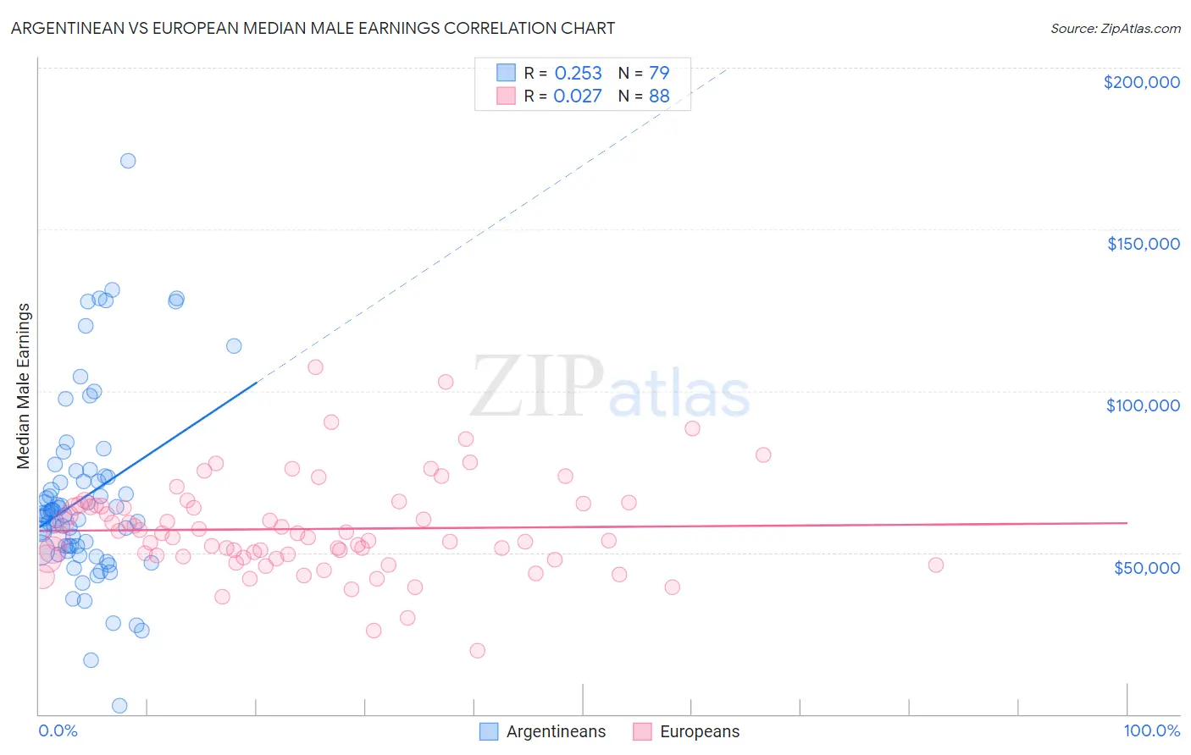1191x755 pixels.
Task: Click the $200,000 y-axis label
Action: pyautogui.click(x=1141, y=82)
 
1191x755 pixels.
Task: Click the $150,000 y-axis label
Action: pyautogui.click(x=1143, y=244)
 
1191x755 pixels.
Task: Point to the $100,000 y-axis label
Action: pyautogui.click(x=1143, y=405)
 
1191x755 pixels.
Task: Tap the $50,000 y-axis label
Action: pyautogui.click(x=1146, y=567)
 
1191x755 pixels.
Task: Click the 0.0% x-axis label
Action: pyautogui.click(x=58, y=730)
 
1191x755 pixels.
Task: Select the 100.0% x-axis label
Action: pyautogui.click(x=1151, y=730)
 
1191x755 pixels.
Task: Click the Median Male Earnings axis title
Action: pyautogui.click(x=24, y=386)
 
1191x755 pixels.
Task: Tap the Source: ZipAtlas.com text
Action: pyautogui.click(x=1115, y=28)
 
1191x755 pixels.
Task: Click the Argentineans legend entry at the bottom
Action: pyautogui.click(x=556, y=731)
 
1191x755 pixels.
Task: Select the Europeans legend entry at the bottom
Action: pyautogui.click(x=699, y=731)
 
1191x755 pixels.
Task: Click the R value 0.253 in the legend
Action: pyautogui.click(x=578, y=74)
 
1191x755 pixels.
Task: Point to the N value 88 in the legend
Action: pyautogui.click(x=659, y=96)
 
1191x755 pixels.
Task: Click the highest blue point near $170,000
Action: pyautogui.click(x=128, y=161)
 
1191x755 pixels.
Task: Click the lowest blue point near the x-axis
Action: pyautogui.click(x=119, y=705)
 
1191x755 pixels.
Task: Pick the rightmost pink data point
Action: pyautogui.click(x=936, y=565)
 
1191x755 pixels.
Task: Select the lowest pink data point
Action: pyautogui.click(x=477, y=650)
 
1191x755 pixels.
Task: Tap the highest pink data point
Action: pyautogui.click(x=315, y=366)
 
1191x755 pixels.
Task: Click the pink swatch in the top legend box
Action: pyautogui.click(x=506, y=96)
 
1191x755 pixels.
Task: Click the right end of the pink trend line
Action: pyautogui.click(x=1127, y=523)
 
